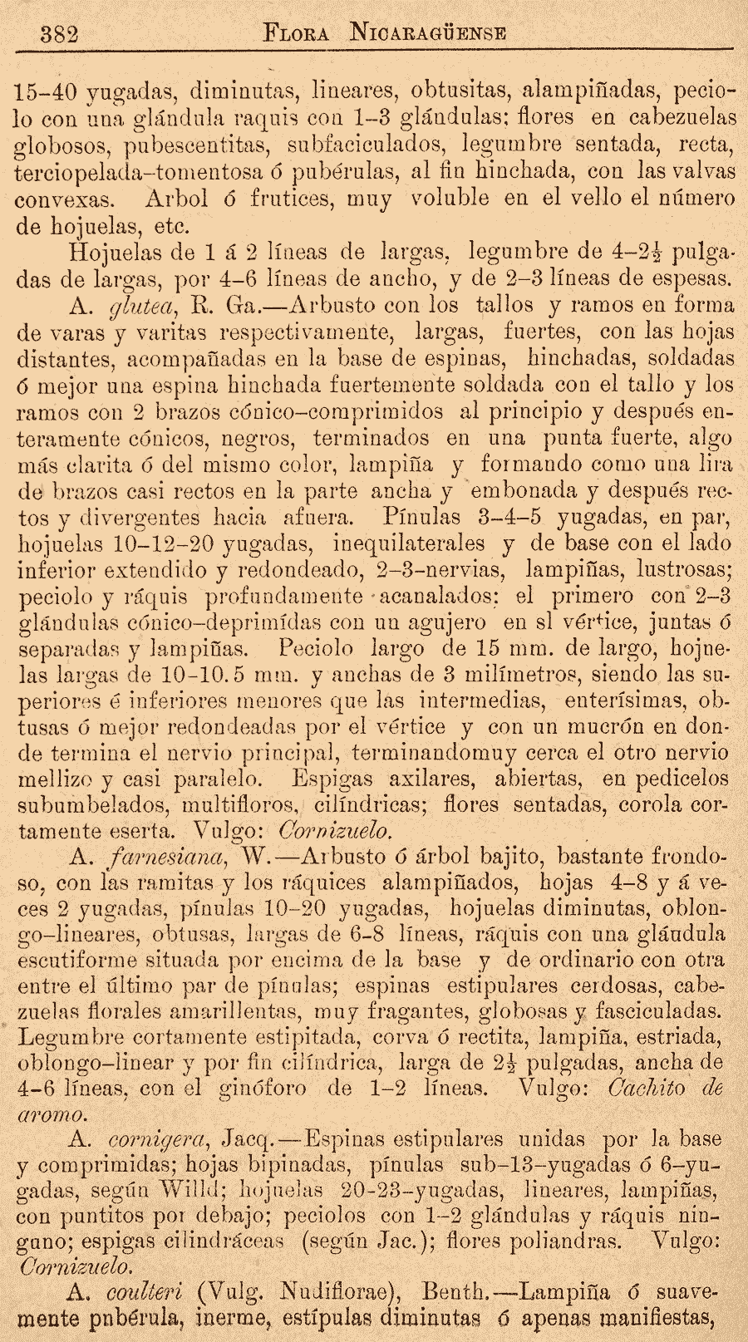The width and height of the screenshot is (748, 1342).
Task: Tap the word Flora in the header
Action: coord(295,34)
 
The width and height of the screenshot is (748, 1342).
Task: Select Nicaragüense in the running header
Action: coord(429,34)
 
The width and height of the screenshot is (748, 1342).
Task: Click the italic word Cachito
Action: coord(650,1086)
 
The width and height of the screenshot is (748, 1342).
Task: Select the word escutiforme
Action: coord(82,960)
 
